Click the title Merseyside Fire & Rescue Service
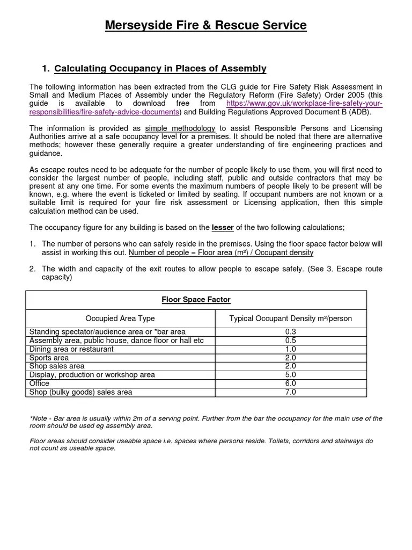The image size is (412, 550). [x=206, y=25]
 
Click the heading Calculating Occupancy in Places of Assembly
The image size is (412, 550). [x=160, y=68]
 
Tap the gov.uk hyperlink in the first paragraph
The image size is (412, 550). [x=304, y=103]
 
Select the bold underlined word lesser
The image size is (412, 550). [x=223, y=227]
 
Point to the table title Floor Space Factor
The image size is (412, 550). [x=196, y=300]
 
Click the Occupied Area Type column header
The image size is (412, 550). [x=120, y=319]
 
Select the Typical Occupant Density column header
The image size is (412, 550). [x=291, y=319]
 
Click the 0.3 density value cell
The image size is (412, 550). [x=291, y=332]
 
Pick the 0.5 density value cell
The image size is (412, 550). [x=291, y=341]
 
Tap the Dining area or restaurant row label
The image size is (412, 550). [x=71, y=349]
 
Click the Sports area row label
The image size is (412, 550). [x=49, y=358]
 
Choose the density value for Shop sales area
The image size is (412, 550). [x=291, y=366]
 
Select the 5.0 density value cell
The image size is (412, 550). [x=291, y=375]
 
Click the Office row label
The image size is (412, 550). [x=39, y=383]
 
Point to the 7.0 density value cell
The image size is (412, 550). [x=291, y=392]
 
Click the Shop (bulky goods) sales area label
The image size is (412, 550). [x=80, y=392]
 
